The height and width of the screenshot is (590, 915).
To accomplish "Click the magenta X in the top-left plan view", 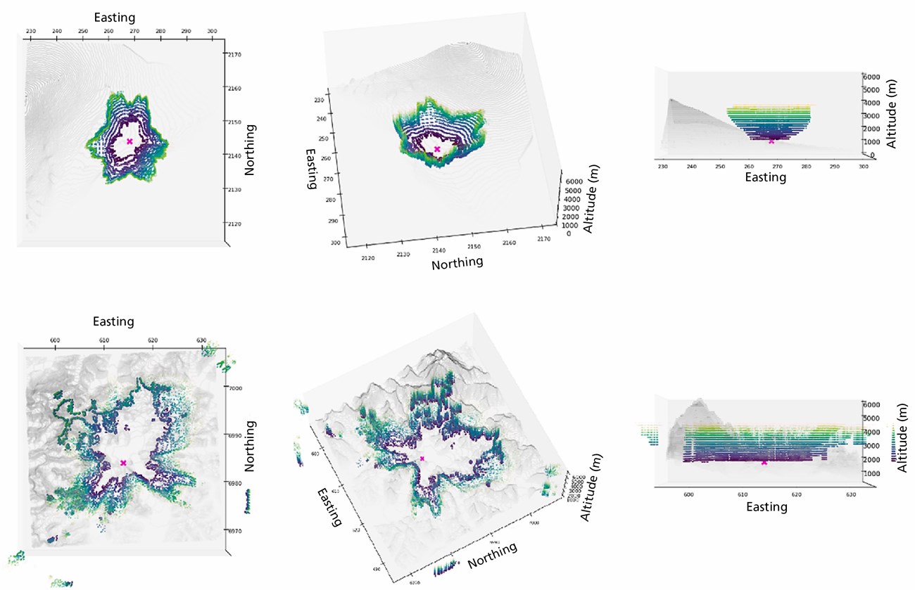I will point(130,141).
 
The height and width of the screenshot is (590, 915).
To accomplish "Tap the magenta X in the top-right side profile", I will point(771,141).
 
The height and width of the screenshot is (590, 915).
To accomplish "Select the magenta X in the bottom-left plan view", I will point(123,463).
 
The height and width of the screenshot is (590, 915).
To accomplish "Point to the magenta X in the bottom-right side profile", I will point(764,462).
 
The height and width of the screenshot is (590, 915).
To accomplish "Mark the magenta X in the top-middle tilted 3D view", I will point(437,149).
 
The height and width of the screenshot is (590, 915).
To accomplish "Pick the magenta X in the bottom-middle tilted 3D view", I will point(422,458).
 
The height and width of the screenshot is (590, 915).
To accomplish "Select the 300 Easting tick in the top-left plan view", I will point(213,32).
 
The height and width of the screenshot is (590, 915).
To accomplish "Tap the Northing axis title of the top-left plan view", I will point(250,150).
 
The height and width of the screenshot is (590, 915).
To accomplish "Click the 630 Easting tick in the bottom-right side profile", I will point(851,495).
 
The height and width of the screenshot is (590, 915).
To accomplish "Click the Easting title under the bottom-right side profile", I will point(766,507).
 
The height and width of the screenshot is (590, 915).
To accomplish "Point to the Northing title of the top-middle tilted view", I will point(457,263).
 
